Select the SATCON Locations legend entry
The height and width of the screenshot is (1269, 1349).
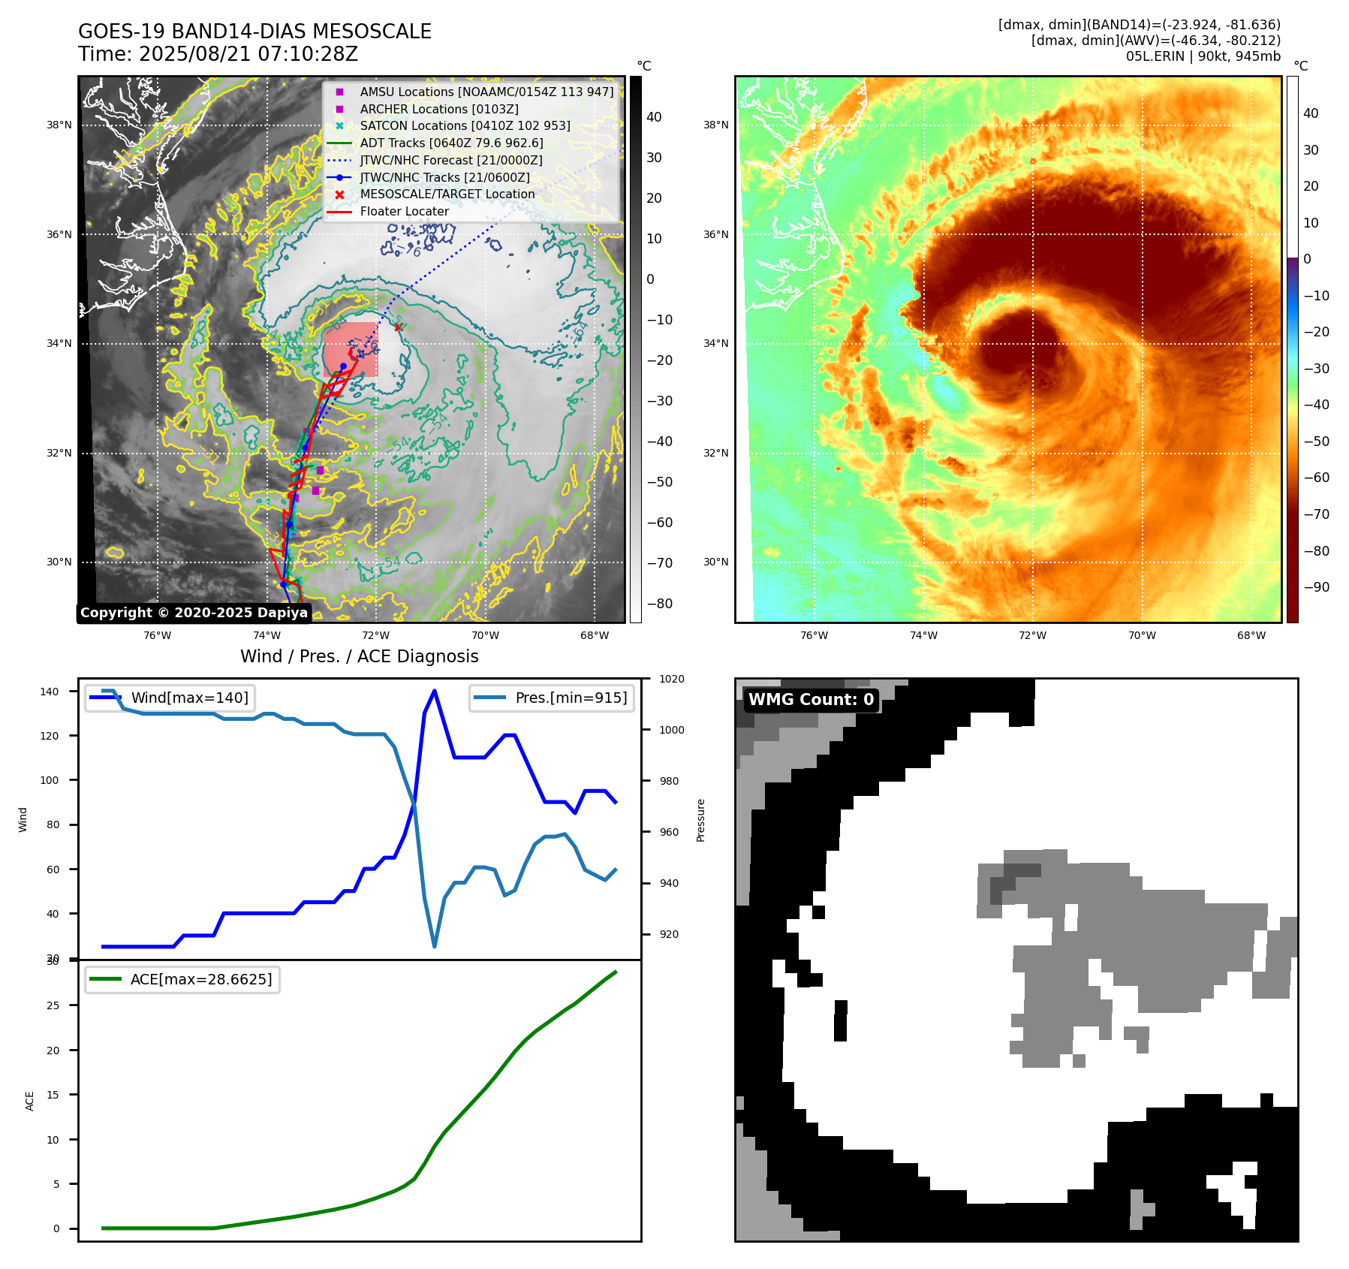465,126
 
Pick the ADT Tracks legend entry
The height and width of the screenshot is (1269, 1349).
451,143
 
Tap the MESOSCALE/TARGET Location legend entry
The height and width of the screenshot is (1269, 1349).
447,194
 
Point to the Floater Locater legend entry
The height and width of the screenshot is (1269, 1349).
404,212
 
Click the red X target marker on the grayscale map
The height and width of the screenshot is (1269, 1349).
399,327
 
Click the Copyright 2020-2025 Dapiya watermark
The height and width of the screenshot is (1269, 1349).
194,613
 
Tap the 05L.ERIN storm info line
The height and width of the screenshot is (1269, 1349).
1203,56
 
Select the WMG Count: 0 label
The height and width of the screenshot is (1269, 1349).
811,700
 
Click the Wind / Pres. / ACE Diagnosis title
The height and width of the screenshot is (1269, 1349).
359,656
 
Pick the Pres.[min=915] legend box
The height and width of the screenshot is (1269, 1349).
552,698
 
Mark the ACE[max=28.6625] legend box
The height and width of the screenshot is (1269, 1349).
182,980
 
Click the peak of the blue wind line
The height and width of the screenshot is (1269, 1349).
435,691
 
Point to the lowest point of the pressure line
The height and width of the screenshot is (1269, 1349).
435,946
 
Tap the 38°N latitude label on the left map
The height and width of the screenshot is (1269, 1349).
59,125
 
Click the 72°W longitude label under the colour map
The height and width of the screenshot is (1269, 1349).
1032,636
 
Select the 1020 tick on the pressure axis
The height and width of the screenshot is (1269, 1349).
671,680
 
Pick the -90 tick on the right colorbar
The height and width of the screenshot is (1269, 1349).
1316,587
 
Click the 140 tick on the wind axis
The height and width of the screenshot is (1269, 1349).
50,692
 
